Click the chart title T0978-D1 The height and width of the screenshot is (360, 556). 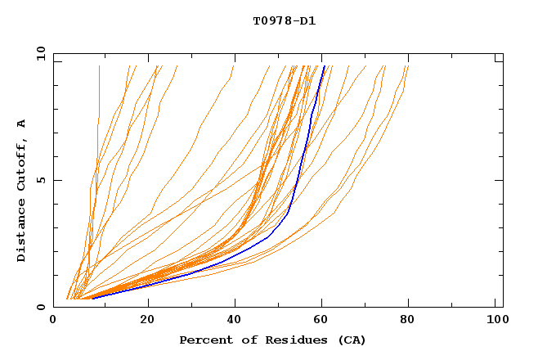pos(284,20)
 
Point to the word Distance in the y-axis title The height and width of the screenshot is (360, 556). pos(22,232)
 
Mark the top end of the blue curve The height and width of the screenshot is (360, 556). pos(325,65)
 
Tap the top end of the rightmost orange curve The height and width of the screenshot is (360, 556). pos(408,65)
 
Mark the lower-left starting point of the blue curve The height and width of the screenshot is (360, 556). pos(92,299)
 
